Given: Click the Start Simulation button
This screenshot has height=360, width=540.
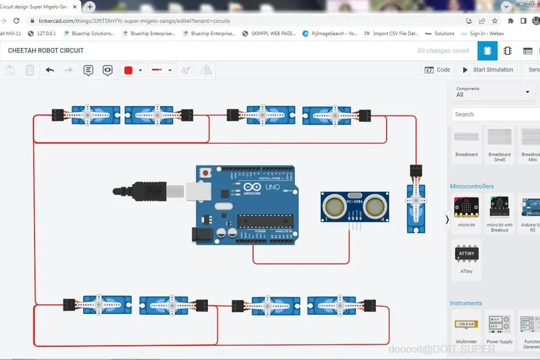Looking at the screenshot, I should click(x=487, y=70).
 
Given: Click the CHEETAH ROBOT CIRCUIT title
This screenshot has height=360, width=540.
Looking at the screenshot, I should click(x=46, y=51).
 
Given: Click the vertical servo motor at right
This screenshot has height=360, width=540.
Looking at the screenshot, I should click(x=415, y=203).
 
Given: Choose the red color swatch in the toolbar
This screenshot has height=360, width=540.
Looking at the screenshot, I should click(x=128, y=70).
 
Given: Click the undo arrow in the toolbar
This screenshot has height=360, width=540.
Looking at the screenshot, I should click(x=50, y=70).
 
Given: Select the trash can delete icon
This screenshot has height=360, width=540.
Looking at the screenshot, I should click(x=30, y=70).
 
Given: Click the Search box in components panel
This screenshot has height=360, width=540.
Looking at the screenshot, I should click(x=495, y=114).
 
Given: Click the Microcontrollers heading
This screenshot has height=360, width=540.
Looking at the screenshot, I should click(x=472, y=186).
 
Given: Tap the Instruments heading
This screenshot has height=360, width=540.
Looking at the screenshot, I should click(x=466, y=303).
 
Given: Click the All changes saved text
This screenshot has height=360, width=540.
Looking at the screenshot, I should click(x=443, y=51).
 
